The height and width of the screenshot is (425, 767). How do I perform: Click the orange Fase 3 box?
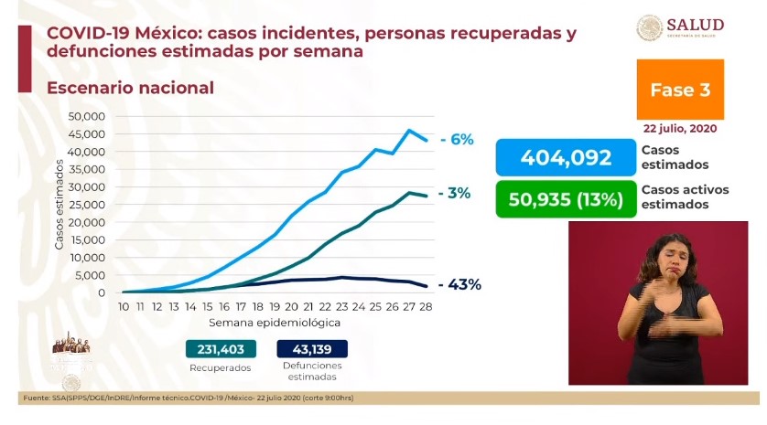pos(679,90)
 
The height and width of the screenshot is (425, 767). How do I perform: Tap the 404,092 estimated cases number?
pos(566,158)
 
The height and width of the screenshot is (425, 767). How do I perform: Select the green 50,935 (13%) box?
pos(566,198)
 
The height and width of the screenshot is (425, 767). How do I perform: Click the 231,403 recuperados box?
pos(220,349)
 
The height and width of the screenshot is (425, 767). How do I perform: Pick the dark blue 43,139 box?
pos(311,349)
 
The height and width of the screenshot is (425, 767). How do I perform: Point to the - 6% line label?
pos(456,140)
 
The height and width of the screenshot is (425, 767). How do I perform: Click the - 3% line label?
pos(454,194)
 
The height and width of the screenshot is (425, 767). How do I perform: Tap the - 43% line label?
pos(459,284)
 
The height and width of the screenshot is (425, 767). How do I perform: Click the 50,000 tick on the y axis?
pos(88,117)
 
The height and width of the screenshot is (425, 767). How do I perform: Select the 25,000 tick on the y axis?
pos(88,205)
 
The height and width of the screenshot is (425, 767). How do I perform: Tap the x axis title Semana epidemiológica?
pos(275,323)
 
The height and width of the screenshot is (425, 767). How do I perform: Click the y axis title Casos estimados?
pos(59,205)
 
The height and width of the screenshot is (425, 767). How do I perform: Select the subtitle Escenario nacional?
pos(123,89)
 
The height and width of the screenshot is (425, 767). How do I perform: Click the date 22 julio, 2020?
pos(679,129)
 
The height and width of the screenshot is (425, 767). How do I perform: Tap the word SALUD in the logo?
pos(695,24)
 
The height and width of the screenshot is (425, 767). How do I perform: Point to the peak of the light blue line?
pos(409,130)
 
